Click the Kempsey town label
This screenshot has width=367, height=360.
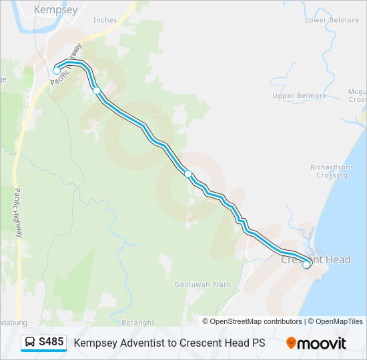pyautogui.click(x=55, y=10)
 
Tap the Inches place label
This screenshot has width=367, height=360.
pyautogui.click(x=105, y=20)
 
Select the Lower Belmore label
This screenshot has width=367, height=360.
pyautogui.click(x=332, y=20)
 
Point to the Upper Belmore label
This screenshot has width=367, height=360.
pyautogui.click(x=300, y=96)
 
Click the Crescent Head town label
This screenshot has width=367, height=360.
pyautogui.click(x=316, y=259)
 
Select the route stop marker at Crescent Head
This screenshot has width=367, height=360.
pyautogui.click(x=306, y=265)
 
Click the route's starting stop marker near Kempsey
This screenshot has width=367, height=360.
pyautogui.click(x=57, y=71)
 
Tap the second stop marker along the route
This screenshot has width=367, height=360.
pyautogui.click(x=97, y=91)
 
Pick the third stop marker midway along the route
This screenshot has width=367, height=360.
pyautogui.click(x=188, y=174)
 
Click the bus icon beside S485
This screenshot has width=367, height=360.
pyautogui.click(x=30, y=343)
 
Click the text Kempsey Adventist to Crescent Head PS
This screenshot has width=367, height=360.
pyautogui.click(x=169, y=343)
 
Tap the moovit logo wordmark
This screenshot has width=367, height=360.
pyautogui.click(x=322, y=343)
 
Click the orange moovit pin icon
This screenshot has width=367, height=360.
pyautogui.click(x=292, y=343)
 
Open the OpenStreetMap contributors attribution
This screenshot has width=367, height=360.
pyautogui.click(x=256, y=321)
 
